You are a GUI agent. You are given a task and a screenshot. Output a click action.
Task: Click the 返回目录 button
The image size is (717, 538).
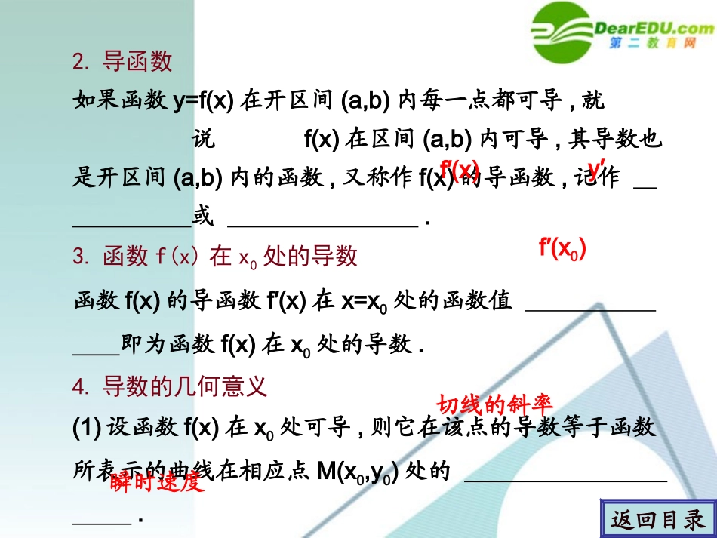click(x=657, y=520)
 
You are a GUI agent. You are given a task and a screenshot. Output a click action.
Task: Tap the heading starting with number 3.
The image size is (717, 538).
click(x=214, y=257)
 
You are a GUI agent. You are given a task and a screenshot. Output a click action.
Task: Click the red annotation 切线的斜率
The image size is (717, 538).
click(x=497, y=404)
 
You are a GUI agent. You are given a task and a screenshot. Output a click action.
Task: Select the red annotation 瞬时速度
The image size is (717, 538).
click(x=157, y=483)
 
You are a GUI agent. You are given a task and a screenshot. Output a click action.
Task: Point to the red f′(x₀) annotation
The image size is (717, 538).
click(x=562, y=249)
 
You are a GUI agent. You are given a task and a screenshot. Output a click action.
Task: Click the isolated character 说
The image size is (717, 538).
click(x=204, y=139)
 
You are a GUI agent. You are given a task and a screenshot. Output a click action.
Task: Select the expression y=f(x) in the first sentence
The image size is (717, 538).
click(x=203, y=100)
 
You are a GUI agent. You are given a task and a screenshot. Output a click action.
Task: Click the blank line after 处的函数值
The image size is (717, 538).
click(x=589, y=308)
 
